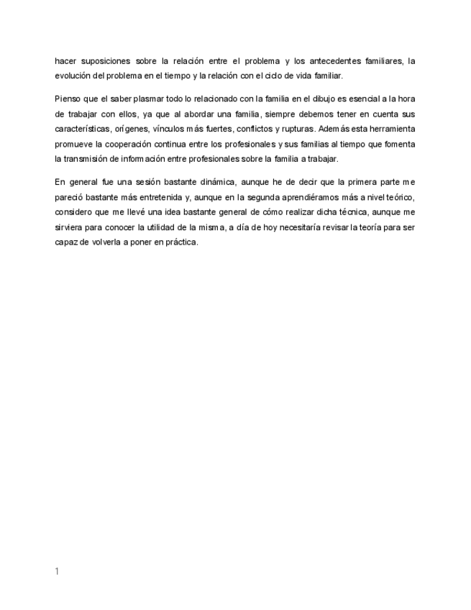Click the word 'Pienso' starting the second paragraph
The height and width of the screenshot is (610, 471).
(x=67, y=98)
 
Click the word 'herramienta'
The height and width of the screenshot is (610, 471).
(x=390, y=128)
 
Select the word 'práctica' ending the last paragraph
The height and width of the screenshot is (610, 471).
(x=178, y=242)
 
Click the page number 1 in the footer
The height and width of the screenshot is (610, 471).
(x=57, y=571)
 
